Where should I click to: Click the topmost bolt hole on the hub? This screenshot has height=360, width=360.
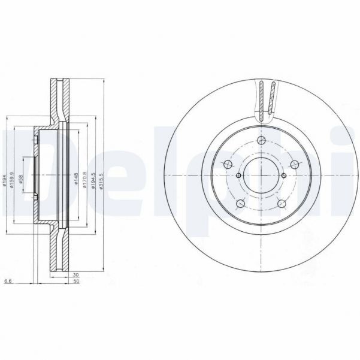(261, 141)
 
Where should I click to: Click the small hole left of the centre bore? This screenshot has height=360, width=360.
(238, 175)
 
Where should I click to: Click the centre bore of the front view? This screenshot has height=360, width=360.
(261, 175)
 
